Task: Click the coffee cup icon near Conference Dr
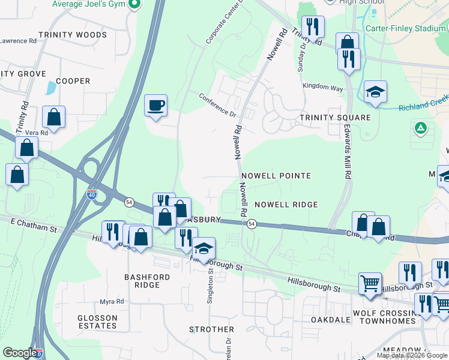(156, 106)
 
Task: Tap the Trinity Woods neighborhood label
(72, 35)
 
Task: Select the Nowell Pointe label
(276, 176)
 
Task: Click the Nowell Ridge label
(286, 205)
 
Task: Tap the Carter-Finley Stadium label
(405, 28)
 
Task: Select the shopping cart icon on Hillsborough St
(370, 283)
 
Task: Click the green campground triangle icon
(421, 128)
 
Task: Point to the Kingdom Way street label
(323, 88)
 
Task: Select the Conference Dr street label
(218, 104)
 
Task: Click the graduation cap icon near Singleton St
(203, 248)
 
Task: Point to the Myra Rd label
(112, 301)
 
